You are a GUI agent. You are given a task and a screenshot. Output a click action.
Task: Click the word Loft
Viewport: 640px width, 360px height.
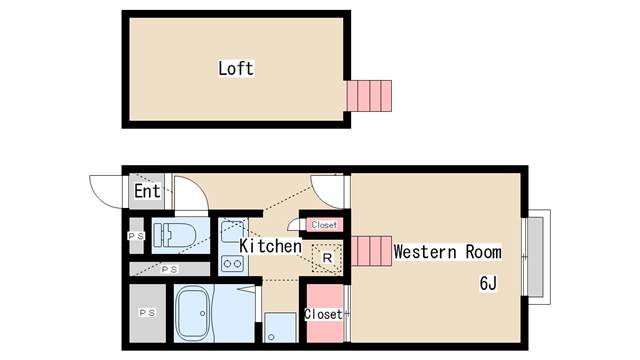click(236, 69)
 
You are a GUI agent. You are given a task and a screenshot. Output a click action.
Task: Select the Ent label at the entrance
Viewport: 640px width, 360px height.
click(147, 190)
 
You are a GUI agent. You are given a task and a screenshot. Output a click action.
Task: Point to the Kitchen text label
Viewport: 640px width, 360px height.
click(270, 245)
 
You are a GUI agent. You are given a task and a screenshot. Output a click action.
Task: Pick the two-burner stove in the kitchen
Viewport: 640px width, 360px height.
click(233, 265)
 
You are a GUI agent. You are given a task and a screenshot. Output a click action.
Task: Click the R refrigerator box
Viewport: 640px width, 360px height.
click(326, 258)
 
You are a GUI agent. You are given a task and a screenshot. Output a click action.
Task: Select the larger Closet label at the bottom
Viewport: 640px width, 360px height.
click(322, 314)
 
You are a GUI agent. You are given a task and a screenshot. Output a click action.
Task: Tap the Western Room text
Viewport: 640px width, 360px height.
click(447, 252)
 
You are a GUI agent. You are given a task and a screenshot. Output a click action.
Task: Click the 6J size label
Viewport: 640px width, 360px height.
click(488, 283)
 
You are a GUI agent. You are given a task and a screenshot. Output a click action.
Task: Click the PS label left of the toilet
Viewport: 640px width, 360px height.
click(135, 236)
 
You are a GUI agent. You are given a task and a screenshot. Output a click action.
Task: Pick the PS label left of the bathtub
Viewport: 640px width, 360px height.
click(146, 314)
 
